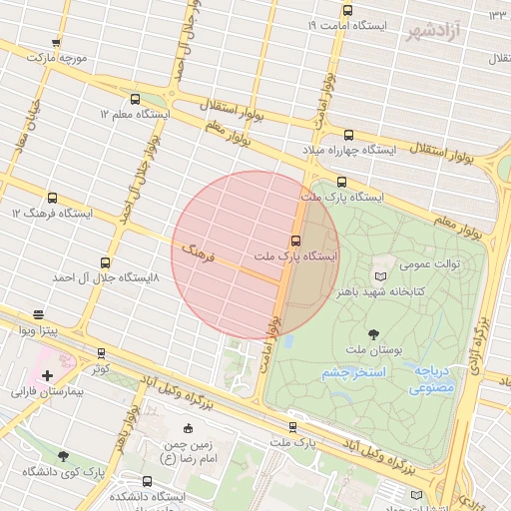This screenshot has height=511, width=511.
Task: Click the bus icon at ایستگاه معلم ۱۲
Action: pos(136,99)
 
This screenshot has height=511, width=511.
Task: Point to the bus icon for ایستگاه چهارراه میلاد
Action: pos(347,135)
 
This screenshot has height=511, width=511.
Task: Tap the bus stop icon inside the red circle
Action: pos(294,241)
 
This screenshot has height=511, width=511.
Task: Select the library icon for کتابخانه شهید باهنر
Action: pos(379,275)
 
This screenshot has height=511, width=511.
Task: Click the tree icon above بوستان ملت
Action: pos(373,334)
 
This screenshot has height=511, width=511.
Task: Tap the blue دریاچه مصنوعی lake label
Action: pos(431,377)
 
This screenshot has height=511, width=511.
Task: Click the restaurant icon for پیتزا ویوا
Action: pos(39,313)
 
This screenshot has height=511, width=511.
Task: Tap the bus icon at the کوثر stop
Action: pos(101,353)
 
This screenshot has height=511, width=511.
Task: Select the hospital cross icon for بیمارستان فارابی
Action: pos(47,374)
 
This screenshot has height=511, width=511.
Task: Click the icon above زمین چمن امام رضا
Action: pos(188,428)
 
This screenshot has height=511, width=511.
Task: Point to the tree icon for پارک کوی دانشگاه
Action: pos(64,456)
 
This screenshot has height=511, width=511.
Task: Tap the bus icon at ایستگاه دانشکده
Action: pos(148,482)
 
